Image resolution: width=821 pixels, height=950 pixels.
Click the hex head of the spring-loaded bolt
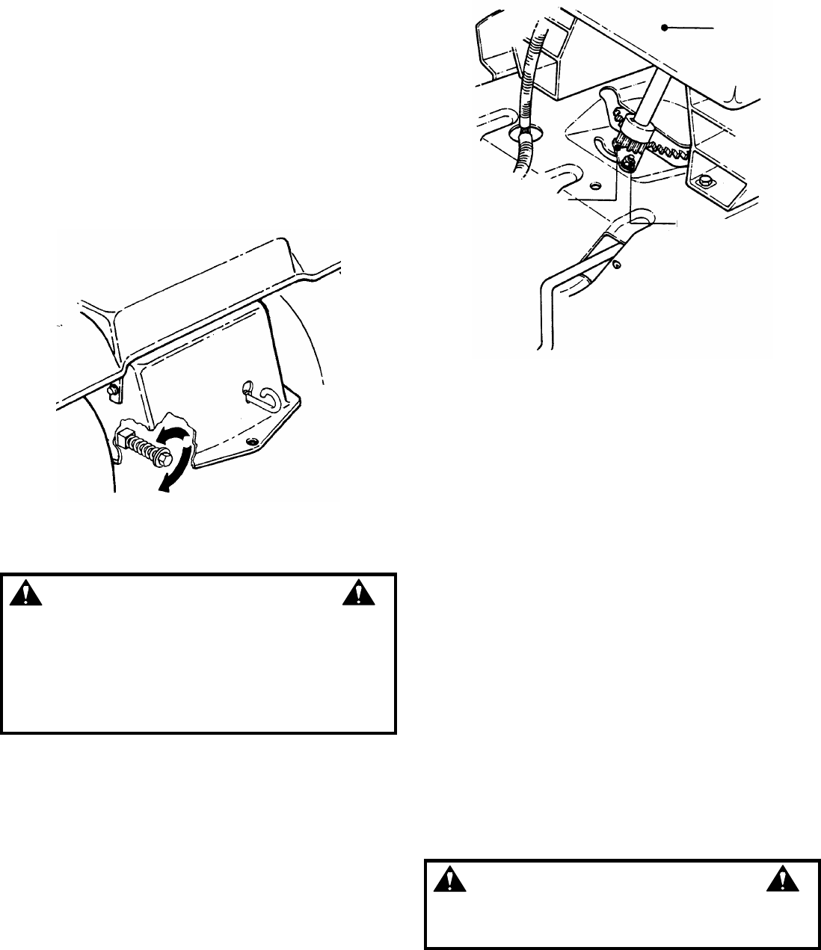tap(180, 451)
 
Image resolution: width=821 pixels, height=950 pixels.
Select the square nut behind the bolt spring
tap(125, 434)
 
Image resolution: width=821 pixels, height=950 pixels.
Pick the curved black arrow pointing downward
tap(174, 471)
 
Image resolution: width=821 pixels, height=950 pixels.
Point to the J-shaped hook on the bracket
tap(254, 392)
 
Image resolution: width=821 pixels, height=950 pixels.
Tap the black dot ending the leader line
tap(664, 28)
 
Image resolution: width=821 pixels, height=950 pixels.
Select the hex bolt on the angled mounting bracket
tap(703, 182)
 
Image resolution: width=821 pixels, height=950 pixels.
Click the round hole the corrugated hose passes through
tap(526, 133)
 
